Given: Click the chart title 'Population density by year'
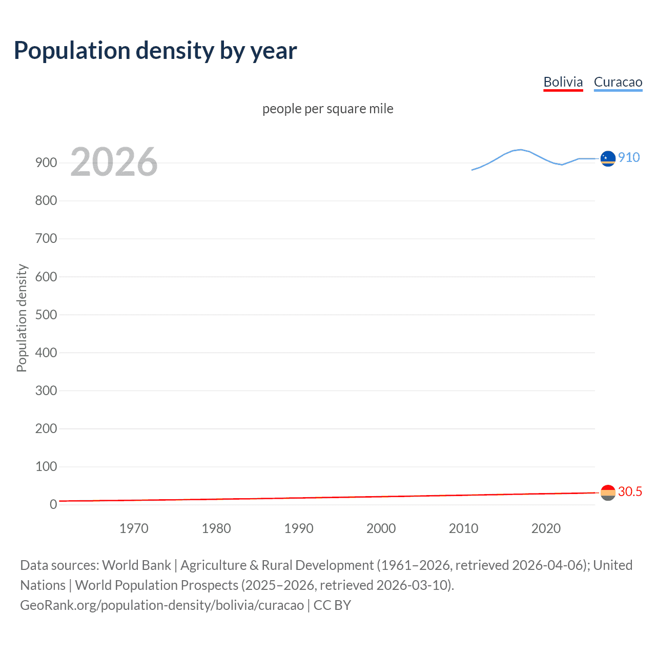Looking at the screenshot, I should point(155,51).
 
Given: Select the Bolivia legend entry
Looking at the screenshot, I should point(563,82).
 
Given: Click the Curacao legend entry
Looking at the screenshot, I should point(618,82).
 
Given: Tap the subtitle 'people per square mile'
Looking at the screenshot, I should point(327,109).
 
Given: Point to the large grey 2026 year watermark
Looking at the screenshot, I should point(114,162).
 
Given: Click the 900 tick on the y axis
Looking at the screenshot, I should point(46,163).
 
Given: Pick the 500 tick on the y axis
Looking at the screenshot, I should point(46,315).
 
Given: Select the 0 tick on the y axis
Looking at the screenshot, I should point(53,504).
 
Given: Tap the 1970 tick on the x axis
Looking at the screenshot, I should point(134,528).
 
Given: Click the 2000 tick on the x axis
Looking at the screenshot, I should point(381,528).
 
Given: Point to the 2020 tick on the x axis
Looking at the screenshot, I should point(546,528).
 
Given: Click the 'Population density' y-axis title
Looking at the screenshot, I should point(22,318).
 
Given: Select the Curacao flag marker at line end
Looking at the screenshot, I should point(608,159).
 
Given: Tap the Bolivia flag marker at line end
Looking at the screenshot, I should point(608,493).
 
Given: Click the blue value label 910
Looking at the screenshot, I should point(629,157).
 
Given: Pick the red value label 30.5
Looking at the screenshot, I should point(630,491).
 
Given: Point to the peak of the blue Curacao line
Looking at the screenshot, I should point(520,150).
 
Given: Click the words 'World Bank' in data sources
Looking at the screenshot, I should point(136,565).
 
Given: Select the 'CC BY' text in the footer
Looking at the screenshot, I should point(332,605).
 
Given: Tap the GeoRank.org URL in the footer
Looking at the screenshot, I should point(162,605).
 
